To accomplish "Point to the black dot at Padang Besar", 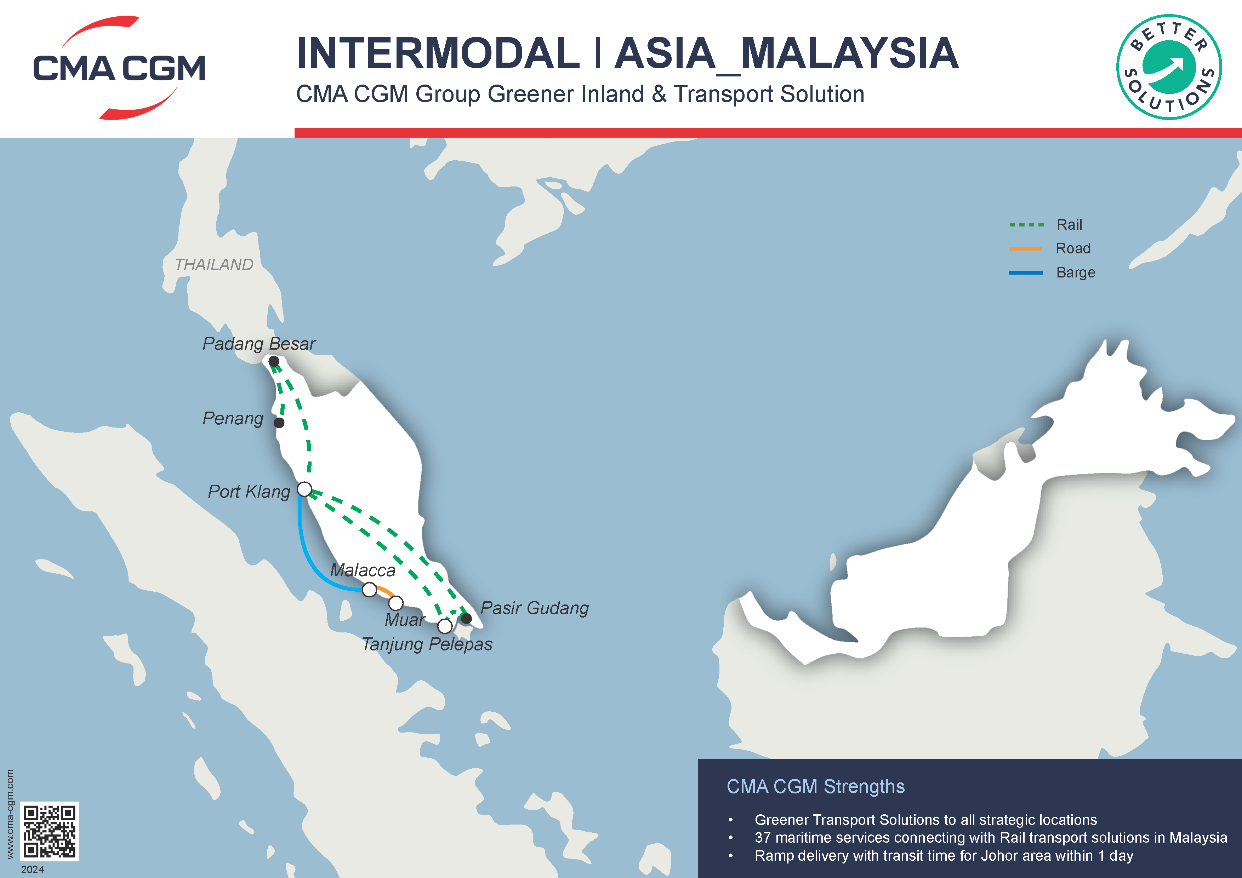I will tap(274, 361).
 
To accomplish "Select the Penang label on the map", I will tap(233, 418).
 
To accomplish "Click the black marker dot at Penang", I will tap(279, 423).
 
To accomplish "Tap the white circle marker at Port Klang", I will tap(305, 489).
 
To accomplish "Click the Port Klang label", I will tap(249, 492).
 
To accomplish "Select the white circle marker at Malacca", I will tap(370, 589).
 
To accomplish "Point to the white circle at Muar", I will tap(396, 603).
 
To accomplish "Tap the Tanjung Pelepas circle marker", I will tap(445, 626).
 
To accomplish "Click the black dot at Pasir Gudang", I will tap(466, 618).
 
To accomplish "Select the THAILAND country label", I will tap(214, 264).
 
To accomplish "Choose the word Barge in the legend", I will tap(1075, 272).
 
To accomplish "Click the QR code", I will tap(50, 831).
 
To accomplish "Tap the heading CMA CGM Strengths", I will tap(815, 787).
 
